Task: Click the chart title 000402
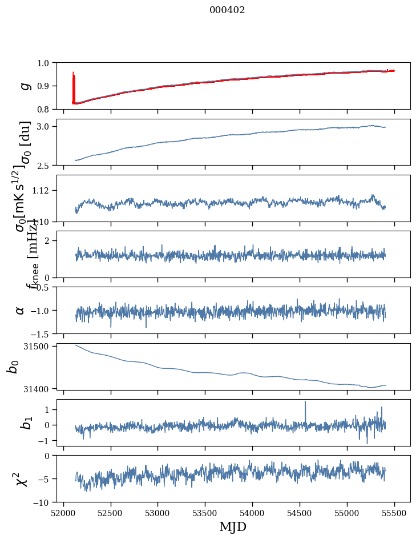click(227, 10)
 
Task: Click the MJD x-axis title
click(233, 526)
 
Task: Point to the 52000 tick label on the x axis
click(63, 513)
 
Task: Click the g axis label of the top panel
click(25, 86)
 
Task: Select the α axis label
click(20, 310)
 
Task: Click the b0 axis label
click(13, 367)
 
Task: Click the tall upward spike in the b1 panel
click(305, 403)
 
